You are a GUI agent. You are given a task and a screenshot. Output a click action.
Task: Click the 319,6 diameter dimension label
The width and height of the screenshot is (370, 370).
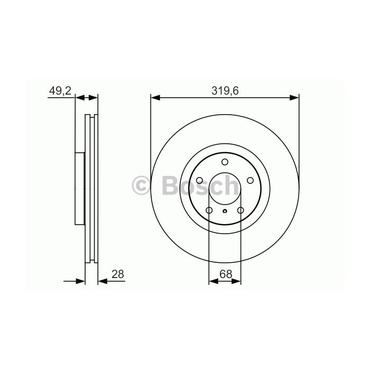(225, 91)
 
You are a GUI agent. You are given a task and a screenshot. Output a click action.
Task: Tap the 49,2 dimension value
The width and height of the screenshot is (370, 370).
(60, 91)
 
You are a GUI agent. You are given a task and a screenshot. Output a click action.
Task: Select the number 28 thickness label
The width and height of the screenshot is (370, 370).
(118, 274)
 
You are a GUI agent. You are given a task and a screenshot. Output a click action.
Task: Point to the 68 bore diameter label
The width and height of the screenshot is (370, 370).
(226, 274)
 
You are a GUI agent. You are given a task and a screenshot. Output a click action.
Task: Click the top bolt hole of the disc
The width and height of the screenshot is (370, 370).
(225, 162)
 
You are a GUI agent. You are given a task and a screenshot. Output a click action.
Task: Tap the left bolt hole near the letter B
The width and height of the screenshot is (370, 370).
(199, 181)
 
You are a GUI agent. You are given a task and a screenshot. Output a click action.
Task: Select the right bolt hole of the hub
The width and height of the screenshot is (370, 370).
(250, 181)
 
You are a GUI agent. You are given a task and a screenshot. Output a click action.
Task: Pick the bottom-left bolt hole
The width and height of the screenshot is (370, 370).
(209, 210)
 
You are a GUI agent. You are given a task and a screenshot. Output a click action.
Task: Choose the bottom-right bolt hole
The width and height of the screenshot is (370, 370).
(240, 210)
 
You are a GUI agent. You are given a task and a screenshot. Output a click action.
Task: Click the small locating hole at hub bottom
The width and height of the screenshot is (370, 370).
(225, 211)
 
